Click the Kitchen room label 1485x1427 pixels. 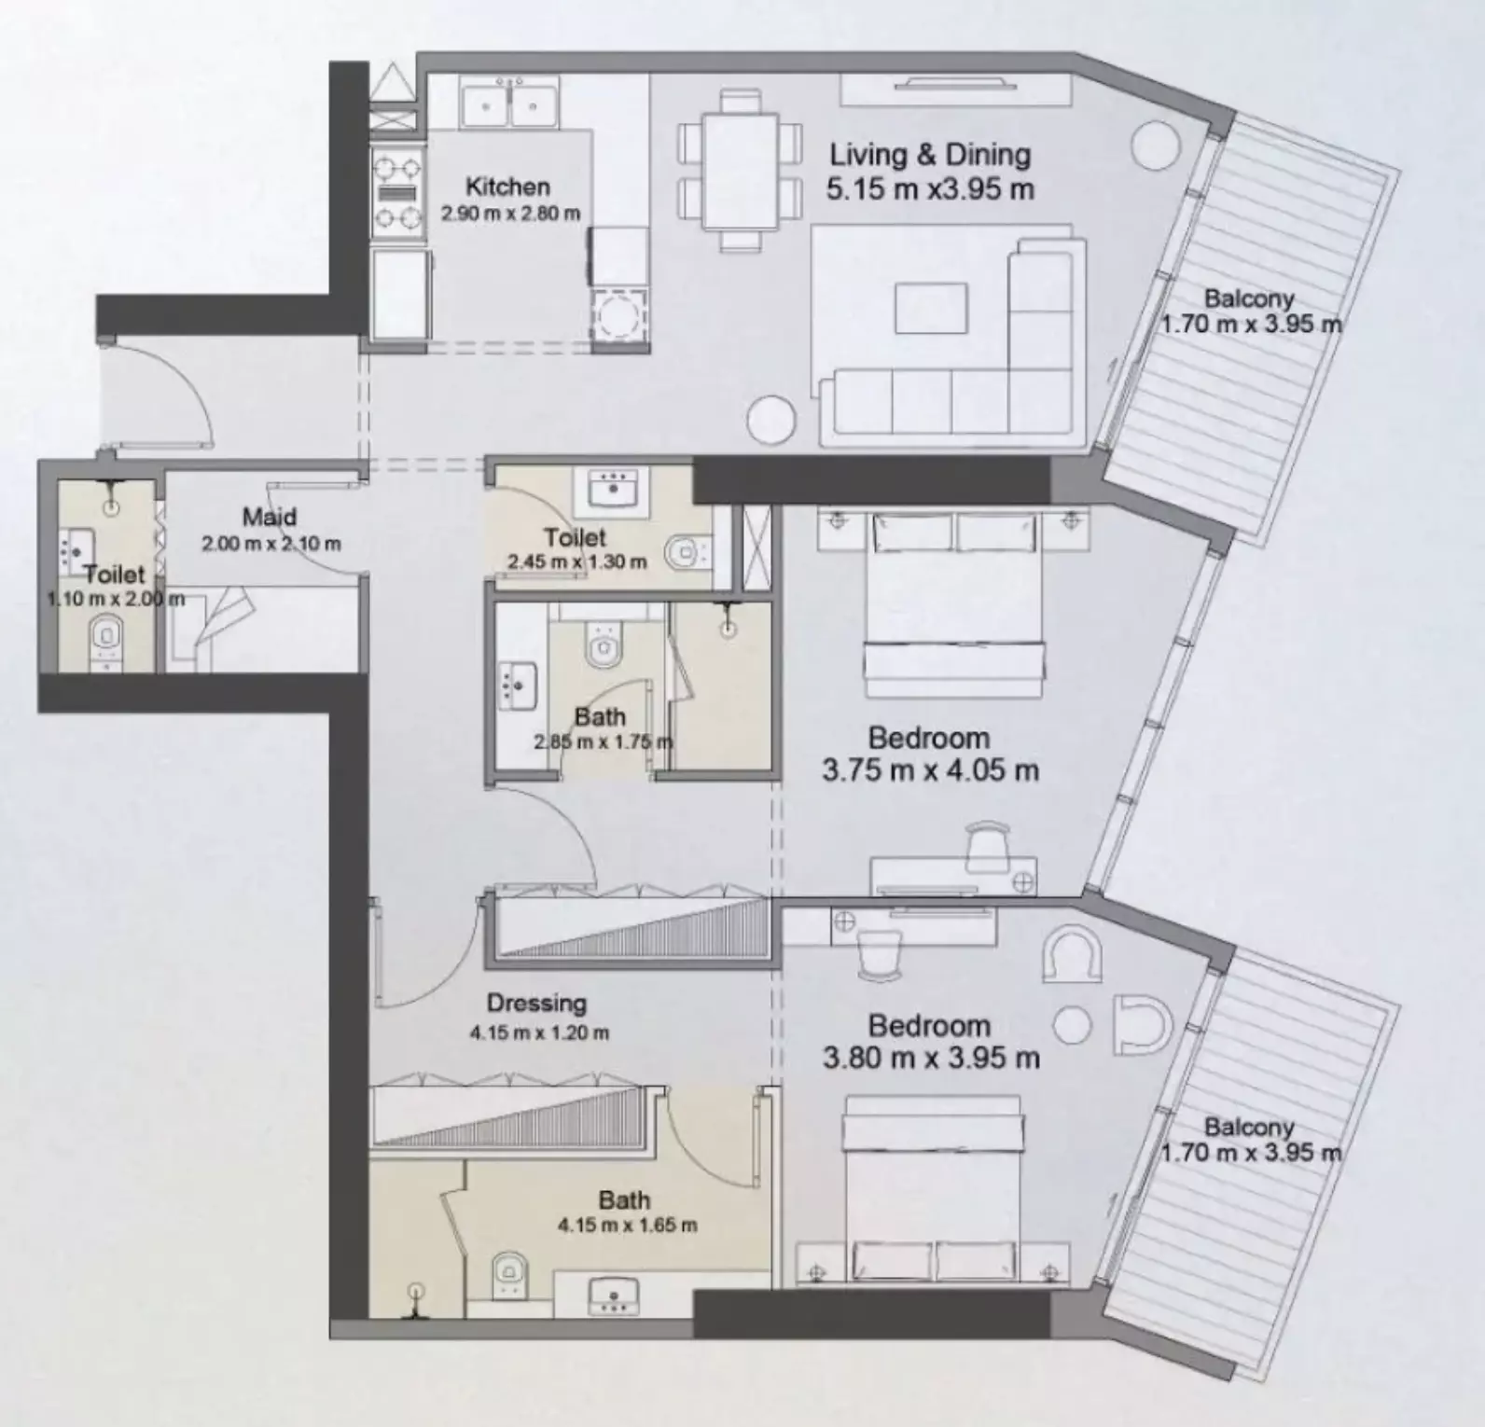tap(507, 186)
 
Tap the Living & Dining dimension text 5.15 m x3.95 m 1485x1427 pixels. tap(930, 189)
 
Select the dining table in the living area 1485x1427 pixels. tap(740, 171)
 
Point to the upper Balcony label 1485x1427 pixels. tap(1249, 299)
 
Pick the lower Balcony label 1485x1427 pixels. tap(1249, 1128)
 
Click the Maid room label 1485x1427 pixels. tap(270, 517)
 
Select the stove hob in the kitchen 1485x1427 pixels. tap(396, 194)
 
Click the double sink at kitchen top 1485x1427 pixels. tap(508, 104)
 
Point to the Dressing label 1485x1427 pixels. tap(536, 1004)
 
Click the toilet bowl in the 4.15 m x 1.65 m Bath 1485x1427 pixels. tap(509, 1270)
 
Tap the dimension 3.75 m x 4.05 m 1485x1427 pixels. tap(930, 771)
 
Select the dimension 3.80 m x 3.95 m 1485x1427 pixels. tap(931, 1059)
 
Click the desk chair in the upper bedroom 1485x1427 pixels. tap(988, 845)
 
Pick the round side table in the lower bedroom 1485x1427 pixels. tap(1072, 1025)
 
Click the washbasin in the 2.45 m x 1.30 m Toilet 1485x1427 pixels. tap(612, 489)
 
